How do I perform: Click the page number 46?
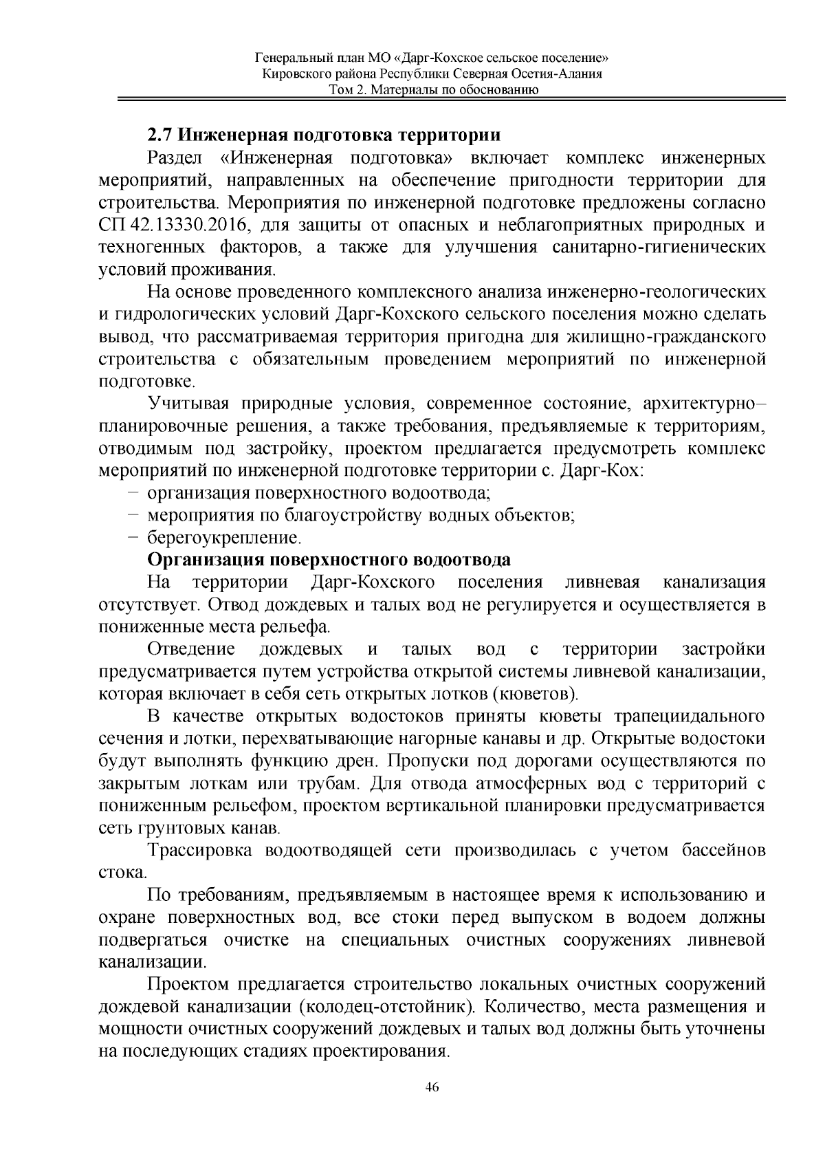pyautogui.click(x=432, y=1087)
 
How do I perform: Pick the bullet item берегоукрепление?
pyautogui.click(x=224, y=536)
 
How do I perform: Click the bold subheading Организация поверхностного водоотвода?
pyautogui.click(x=329, y=558)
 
